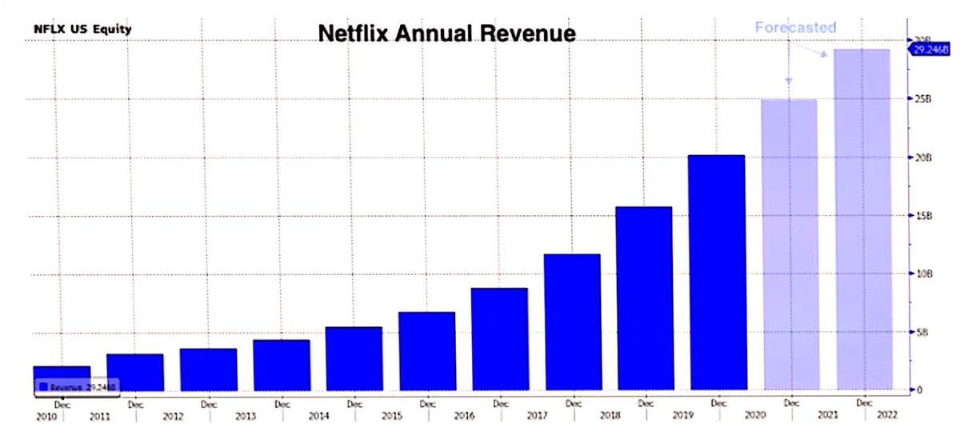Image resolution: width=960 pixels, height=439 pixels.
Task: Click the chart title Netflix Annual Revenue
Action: tap(447, 34)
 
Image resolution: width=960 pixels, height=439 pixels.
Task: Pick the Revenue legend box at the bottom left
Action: tap(78, 385)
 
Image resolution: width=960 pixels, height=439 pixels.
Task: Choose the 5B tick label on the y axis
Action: tap(922, 332)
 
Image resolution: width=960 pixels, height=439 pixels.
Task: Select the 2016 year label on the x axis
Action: tap(460, 417)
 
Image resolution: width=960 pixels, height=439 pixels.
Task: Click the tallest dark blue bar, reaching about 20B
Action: tap(717, 272)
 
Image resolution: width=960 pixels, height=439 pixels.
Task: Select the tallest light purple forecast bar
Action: tap(863, 220)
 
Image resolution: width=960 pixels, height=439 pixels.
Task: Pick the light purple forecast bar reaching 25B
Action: tap(790, 244)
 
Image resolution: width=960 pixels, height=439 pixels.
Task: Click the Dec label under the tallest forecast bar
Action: tap(864, 404)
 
